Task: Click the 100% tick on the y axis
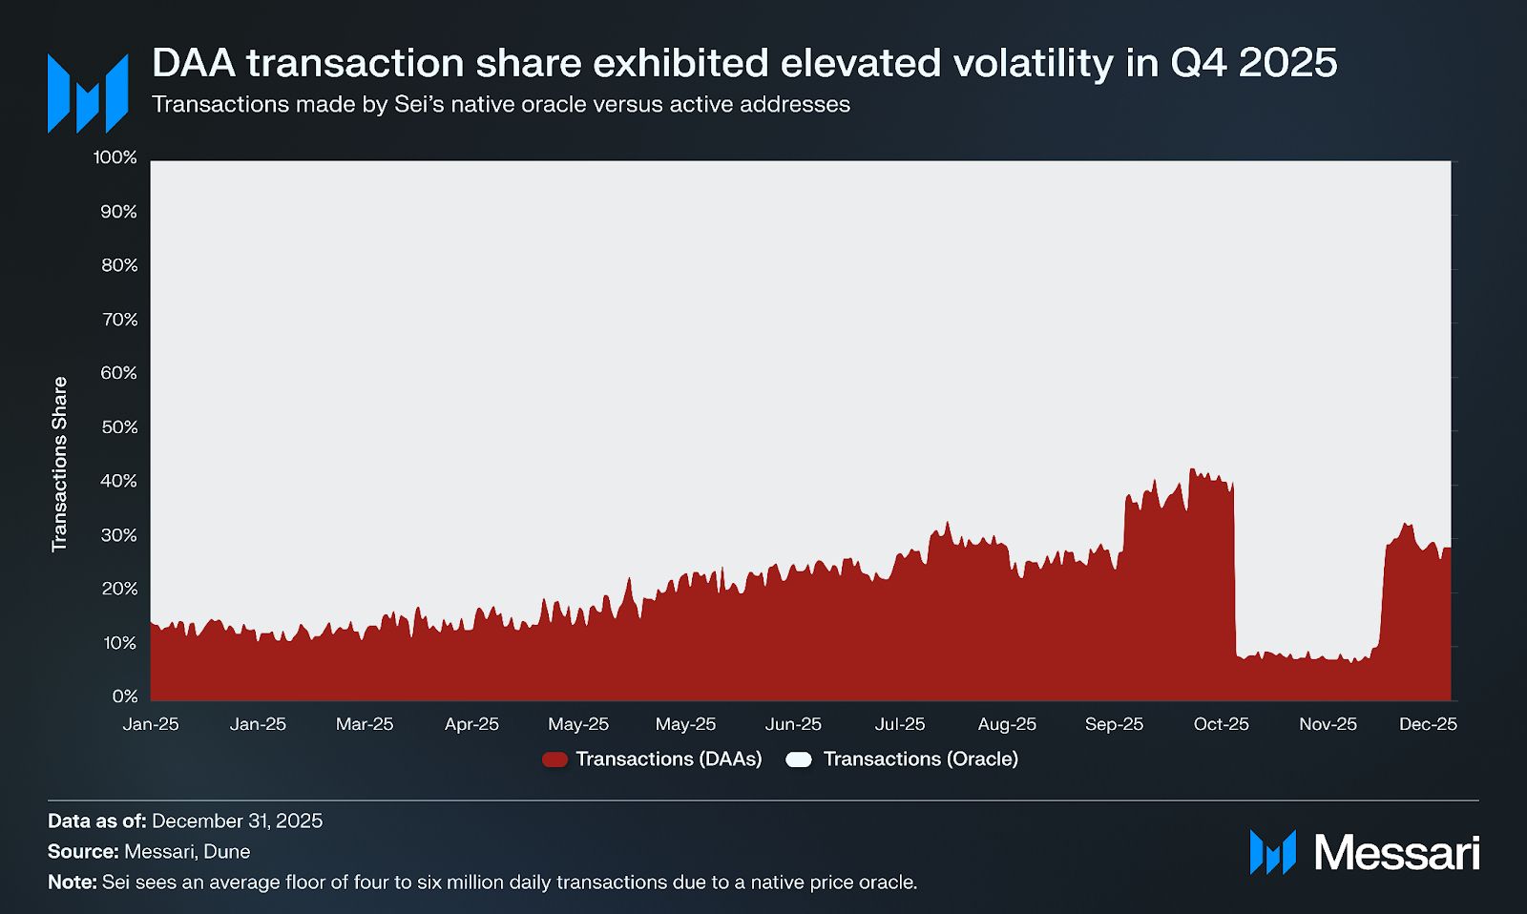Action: click(115, 157)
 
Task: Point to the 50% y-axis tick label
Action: click(119, 427)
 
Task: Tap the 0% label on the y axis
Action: click(125, 696)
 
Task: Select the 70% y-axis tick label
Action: click(119, 320)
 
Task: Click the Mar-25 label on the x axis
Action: click(365, 724)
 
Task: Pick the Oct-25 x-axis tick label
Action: click(1221, 724)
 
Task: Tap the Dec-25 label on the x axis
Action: click(1428, 724)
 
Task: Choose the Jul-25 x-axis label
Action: click(900, 724)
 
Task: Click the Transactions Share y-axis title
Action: click(59, 464)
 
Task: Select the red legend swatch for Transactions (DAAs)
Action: click(554, 759)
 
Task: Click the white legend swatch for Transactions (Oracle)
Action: click(799, 759)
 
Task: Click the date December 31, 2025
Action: click(237, 821)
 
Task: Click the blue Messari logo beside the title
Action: click(88, 93)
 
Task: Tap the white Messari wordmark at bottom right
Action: click(1396, 852)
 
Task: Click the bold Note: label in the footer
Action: click(73, 882)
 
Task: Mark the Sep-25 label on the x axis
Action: click(1114, 724)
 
